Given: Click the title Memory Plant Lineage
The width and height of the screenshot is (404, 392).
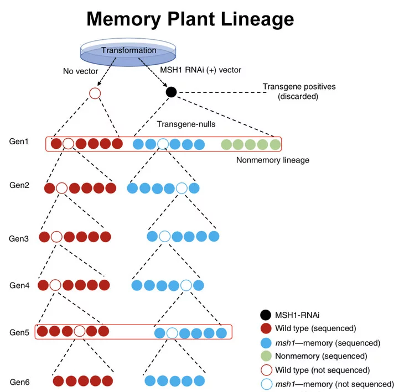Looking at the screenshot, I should [190, 19].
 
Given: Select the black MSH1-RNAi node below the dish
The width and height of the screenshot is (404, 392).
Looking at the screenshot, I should [172, 92].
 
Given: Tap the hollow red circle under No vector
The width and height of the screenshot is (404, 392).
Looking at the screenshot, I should [95, 93].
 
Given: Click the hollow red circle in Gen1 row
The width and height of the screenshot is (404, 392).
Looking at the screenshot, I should [68, 144].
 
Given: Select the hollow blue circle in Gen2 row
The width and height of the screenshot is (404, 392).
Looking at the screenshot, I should [182, 188].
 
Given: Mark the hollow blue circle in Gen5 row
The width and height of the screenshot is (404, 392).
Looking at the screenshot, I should [172, 333].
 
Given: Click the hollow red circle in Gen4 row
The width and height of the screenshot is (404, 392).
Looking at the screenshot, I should [55, 285].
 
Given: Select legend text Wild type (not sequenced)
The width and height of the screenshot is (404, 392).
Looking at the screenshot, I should [323, 370].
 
